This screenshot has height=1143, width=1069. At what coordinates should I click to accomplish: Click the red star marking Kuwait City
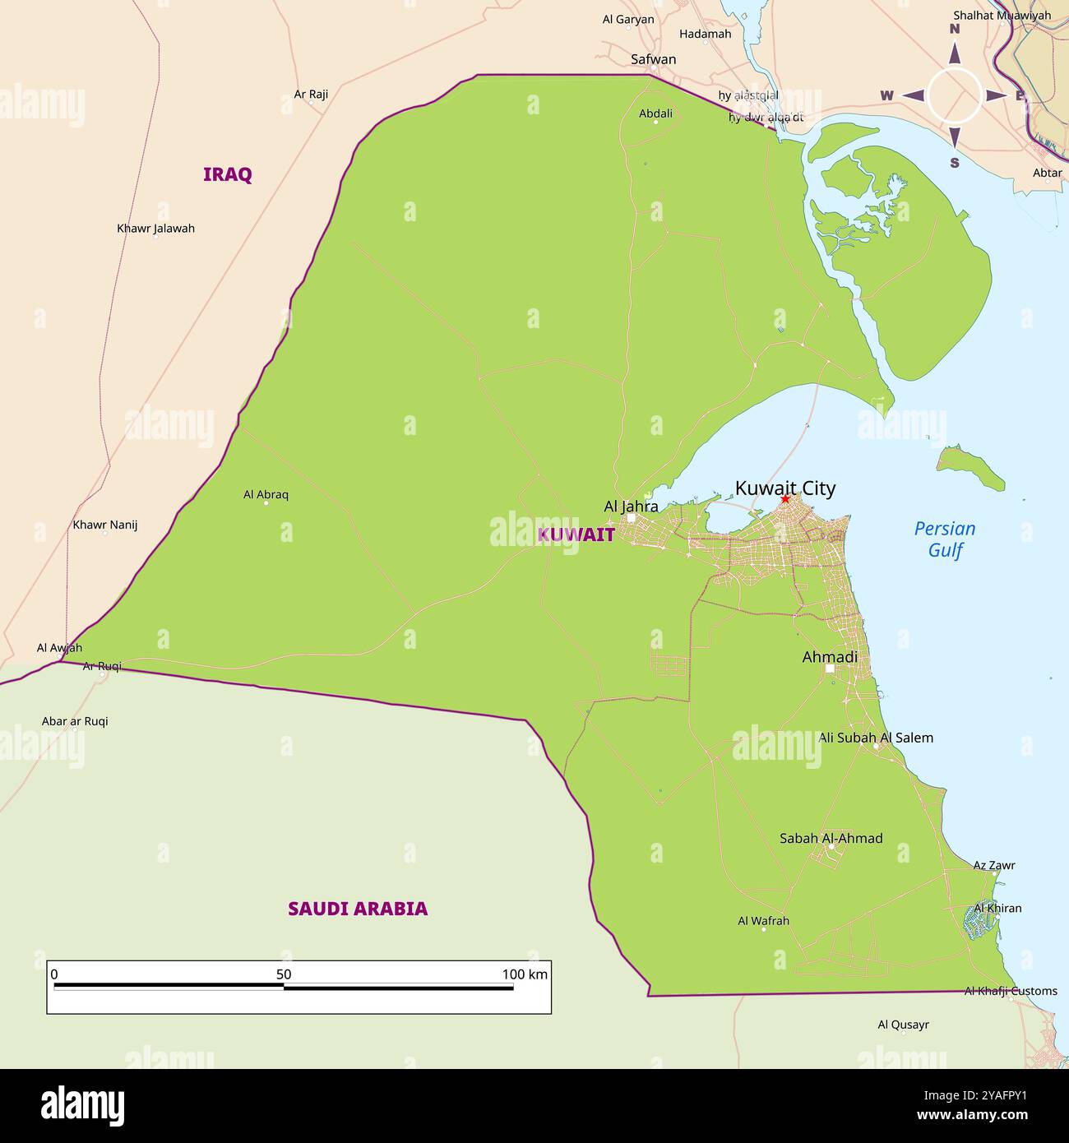click(x=785, y=499)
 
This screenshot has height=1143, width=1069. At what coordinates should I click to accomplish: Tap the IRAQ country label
click(x=227, y=174)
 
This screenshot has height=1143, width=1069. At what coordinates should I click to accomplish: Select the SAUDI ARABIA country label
click(x=358, y=909)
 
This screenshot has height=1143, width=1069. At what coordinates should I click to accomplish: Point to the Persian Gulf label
click(x=945, y=539)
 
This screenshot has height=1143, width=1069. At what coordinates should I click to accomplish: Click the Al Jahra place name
click(x=631, y=507)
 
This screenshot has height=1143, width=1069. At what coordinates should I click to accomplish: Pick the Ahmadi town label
click(x=830, y=657)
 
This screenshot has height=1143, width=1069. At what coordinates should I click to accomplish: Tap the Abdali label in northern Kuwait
click(x=655, y=113)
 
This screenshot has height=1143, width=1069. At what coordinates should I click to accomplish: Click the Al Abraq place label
click(x=266, y=494)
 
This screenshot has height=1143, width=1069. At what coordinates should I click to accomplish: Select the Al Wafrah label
click(x=763, y=921)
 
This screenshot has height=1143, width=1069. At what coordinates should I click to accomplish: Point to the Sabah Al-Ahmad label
click(x=831, y=838)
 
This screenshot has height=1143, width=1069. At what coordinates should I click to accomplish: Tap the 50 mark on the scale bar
click(x=284, y=974)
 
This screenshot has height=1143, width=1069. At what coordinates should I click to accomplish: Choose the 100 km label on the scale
click(x=525, y=974)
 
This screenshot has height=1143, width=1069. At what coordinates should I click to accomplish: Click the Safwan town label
click(x=653, y=59)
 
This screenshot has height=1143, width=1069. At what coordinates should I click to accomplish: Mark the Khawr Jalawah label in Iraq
click(x=155, y=229)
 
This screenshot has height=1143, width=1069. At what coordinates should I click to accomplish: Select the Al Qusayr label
click(x=903, y=1025)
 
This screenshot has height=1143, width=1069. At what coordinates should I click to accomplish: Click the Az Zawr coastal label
click(x=994, y=865)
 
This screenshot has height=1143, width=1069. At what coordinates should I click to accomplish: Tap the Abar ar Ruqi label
click(x=75, y=721)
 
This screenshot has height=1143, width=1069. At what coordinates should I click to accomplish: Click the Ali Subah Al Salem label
click(x=876, y=738)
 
